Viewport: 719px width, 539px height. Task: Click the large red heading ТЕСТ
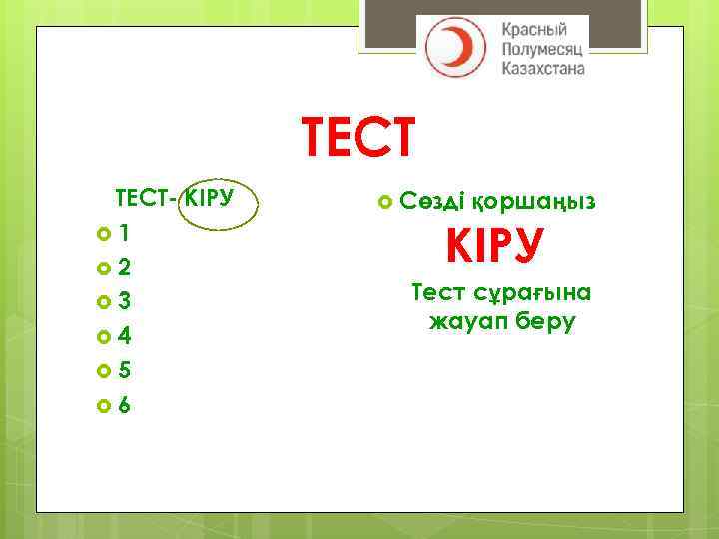(358, 139)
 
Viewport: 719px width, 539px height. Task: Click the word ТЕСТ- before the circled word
(147, 197)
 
